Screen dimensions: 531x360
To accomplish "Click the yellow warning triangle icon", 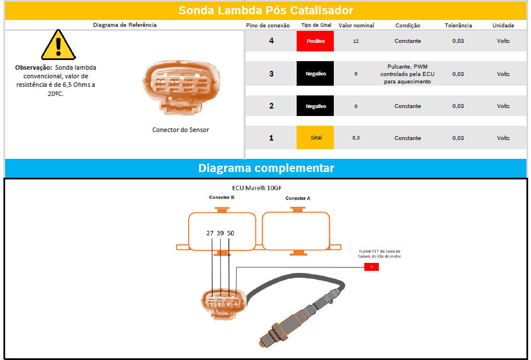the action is coord(58,45).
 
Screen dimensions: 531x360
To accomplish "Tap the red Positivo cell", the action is coord(315,41).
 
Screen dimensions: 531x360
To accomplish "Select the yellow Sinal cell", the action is coord(315,138).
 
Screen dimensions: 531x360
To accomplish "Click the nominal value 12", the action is coord(356,41).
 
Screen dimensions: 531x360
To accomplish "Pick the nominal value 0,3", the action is coord(356,138).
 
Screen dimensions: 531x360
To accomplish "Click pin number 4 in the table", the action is coord(272,41).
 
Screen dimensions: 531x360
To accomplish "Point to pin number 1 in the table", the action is coord(272,138).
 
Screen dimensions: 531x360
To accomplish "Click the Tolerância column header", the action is coord(458,25).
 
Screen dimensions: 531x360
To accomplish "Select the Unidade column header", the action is coord(503,25).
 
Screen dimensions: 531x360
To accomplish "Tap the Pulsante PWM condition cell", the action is coord(408,74).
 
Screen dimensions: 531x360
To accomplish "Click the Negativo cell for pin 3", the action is coord(315,74).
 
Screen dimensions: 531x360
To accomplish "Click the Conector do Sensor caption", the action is coord(181,130).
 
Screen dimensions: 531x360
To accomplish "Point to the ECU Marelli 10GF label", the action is coord(257,188).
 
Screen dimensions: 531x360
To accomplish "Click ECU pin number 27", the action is coord(210,233).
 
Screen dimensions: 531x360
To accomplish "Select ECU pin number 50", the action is coord(230,233).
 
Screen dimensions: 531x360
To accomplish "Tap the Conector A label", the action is coord(298,198).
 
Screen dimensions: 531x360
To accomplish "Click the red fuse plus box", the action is coord(372,267).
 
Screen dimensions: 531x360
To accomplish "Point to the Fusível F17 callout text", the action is coord(380,254).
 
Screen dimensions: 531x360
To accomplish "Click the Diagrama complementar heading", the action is coord(266,168).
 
